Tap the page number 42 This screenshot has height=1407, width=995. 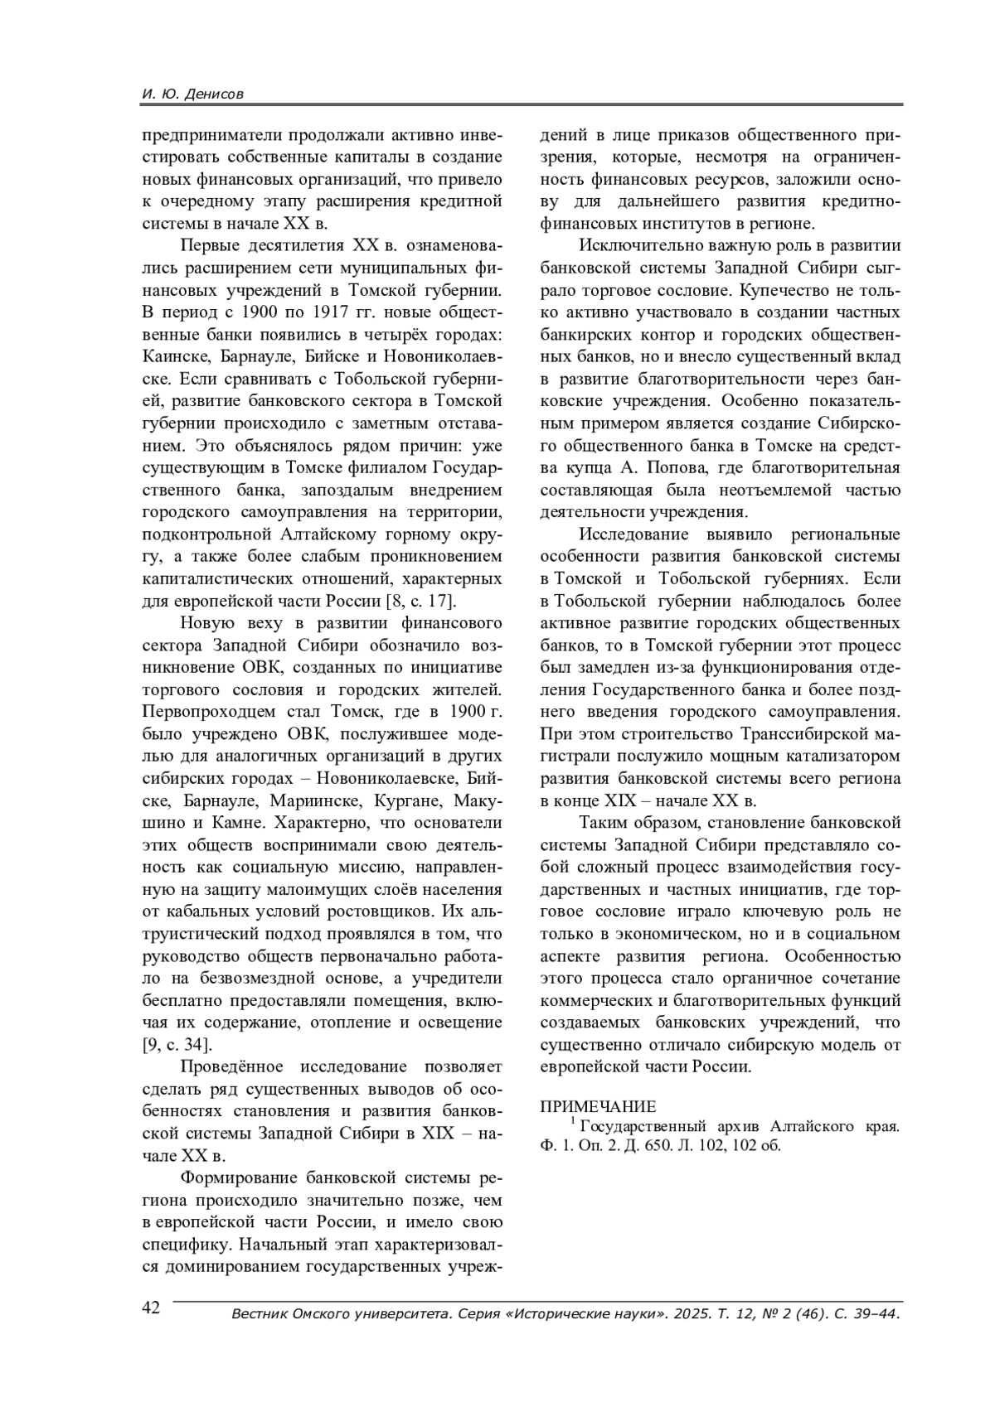(151, 1307)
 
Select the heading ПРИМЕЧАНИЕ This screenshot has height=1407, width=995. (598, 1106)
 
